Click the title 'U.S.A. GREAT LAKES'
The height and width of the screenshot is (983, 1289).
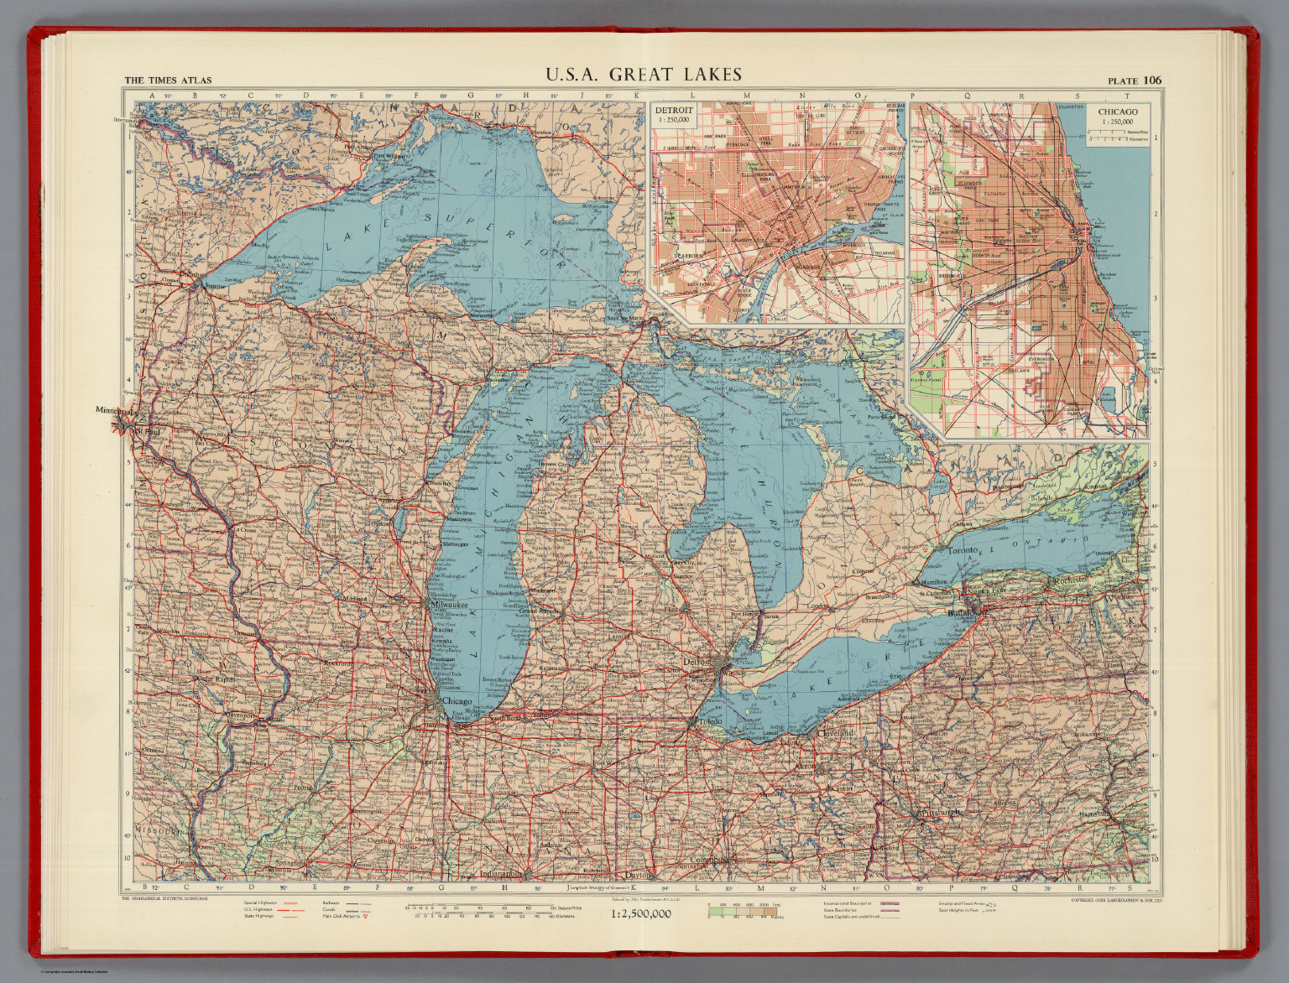point(644,75)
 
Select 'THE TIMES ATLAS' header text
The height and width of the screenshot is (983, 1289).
point(168,81)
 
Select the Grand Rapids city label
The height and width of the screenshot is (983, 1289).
point(535,611)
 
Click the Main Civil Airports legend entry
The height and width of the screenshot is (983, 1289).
point(339,917)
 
